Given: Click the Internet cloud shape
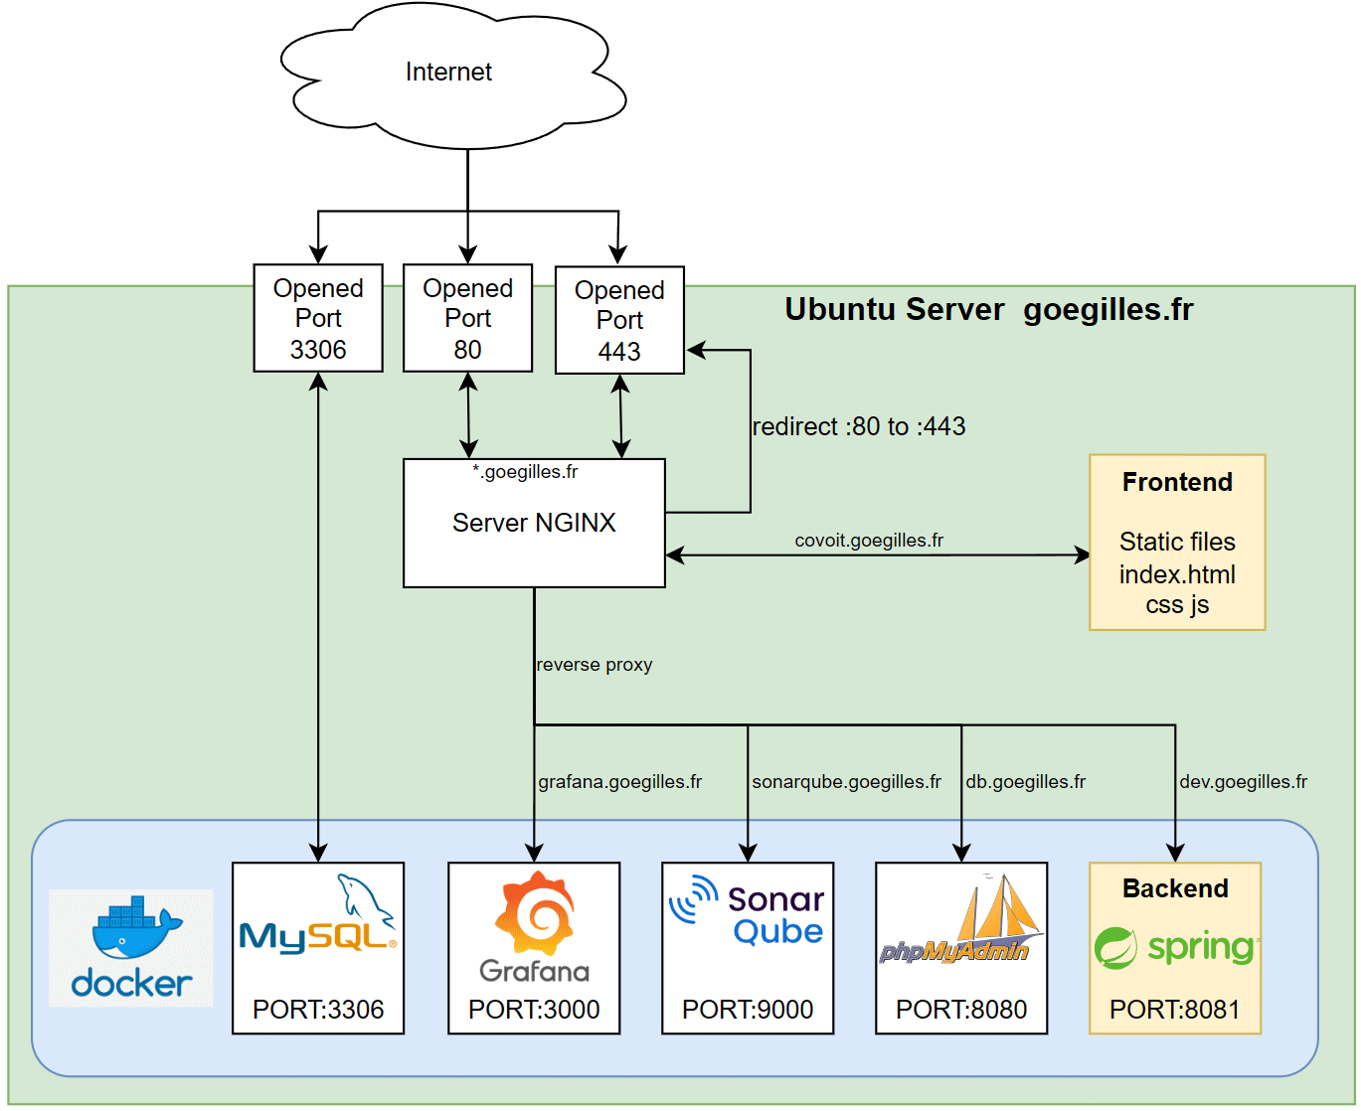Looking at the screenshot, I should (x=449, y=75).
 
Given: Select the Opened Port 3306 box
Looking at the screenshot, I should (x=318, y=318).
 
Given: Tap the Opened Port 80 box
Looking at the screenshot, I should (x=467, y=318).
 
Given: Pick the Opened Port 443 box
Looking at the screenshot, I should (x=619, y=320).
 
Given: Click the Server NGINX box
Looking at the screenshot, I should (x=534, y=524).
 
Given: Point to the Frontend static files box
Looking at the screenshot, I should (x=1177, y=543).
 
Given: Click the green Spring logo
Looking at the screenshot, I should (x=1175, y=947).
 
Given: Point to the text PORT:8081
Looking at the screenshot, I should (x=1175, y=1010).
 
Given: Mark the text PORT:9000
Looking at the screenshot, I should (x=748, y=1010).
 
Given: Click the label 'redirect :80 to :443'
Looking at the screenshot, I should (x=859, y=426).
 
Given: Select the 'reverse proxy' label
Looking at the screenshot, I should (x=595, y=665).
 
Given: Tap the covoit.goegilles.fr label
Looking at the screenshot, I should (x=869, y=541).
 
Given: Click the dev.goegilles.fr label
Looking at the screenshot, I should (x=1243, y=782).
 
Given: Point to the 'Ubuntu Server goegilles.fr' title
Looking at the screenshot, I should (x=989, y=309).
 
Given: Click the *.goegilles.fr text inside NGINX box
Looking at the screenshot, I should (x=525, y=472).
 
